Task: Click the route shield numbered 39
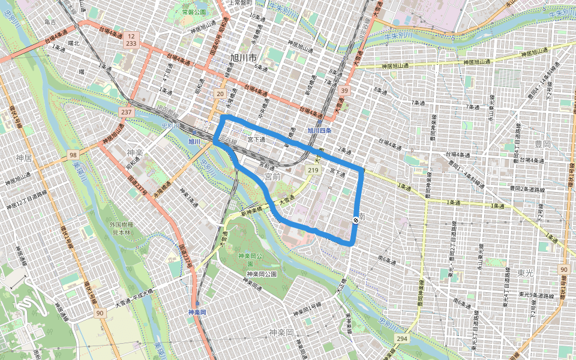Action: point(344,91)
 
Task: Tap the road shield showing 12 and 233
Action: point(130,40)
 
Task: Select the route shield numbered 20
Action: point(220,94)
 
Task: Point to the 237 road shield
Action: point(126,112)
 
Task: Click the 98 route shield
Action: point(73,155)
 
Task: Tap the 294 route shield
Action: point(401,340)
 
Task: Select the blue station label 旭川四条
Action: point(319,130)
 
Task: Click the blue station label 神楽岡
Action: point(197,313)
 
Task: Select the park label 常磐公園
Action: point(194,12)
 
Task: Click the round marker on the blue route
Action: point(356,220)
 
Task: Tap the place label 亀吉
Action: point(50,22)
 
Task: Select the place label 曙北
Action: point(74,43)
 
